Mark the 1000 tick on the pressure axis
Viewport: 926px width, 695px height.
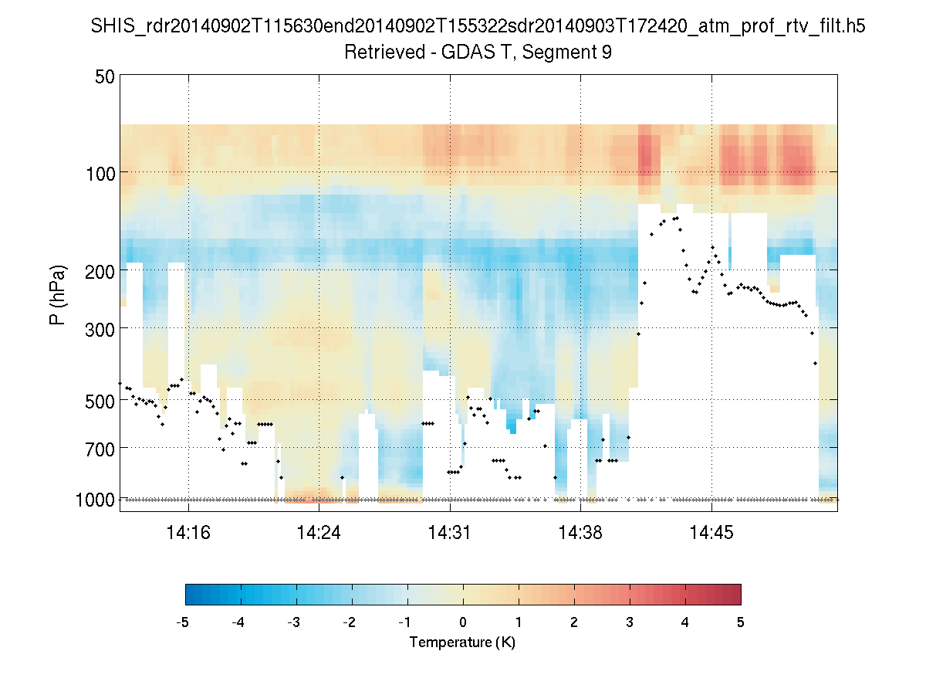click(96, 500)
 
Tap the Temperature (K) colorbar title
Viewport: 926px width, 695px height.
click(462, 642)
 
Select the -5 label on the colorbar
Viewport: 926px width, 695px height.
click(183, 622)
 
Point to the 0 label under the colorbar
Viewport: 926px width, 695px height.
click(463, 622)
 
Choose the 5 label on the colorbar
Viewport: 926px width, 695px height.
click(741, 622)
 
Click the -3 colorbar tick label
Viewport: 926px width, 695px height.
click(294, 622)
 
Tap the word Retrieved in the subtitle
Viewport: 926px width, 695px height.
click(377, 53)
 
